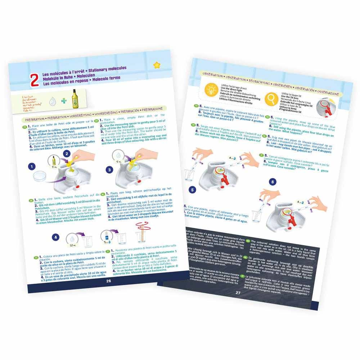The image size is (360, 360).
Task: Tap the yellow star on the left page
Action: click(x=157, y=65)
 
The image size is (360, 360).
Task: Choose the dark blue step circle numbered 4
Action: click(x=55, y=237)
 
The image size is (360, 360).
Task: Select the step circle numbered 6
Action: click(x=273, y=182)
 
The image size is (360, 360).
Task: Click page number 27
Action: click(x=238, y=293)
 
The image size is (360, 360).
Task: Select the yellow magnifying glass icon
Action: click(x=270, y=97)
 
